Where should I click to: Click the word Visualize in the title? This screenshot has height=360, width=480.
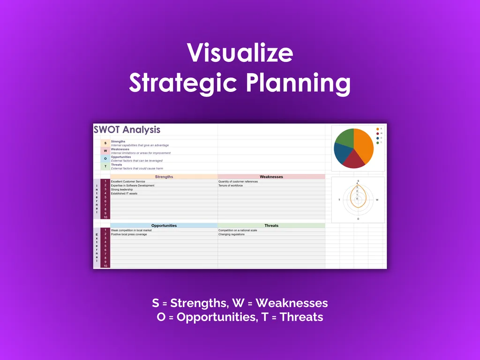[240, 53]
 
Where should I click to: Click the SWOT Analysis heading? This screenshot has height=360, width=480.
[127, 130]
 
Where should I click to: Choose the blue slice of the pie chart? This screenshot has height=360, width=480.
[342, 152]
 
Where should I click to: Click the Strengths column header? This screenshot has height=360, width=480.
[164, 177]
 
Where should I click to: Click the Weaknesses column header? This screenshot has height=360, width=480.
[271, 177]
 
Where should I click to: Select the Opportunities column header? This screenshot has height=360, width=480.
[164, 225]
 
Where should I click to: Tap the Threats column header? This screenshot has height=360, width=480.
[271, 225]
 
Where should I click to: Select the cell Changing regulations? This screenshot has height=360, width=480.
[231, 234]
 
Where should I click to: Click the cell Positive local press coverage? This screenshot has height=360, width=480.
[129, 234]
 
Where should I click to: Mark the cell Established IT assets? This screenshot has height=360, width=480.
[124, 194]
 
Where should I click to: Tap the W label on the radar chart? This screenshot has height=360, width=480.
[377, 200]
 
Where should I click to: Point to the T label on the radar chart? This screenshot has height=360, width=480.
[339, 200]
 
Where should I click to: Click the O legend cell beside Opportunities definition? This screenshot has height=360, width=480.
[105, 158]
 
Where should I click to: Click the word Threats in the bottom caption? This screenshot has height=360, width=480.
[301, 317]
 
